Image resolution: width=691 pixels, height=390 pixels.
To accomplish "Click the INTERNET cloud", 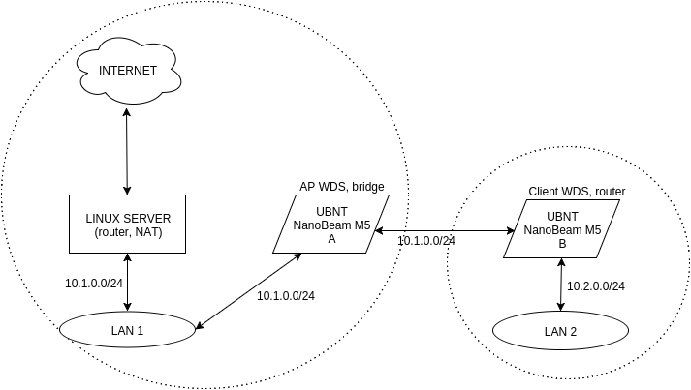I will [x=128, y=70].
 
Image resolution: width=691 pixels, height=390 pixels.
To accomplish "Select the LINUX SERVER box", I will [x=127, y=224].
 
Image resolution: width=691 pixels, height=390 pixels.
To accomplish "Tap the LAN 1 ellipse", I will [x=127, y=331].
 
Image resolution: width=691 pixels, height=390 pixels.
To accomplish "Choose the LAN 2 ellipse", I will [x=560, y=332].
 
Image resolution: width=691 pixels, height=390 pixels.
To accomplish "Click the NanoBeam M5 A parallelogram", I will [x=331, y=224].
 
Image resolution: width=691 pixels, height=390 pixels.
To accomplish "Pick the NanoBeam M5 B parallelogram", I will [x=562, y=229].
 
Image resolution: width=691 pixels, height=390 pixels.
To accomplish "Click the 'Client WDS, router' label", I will [x=577, y=192].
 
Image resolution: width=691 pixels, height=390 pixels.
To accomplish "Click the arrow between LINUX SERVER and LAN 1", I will [x=128, y=283].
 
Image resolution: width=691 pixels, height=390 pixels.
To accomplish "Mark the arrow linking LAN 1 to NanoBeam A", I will [x=249, y=291].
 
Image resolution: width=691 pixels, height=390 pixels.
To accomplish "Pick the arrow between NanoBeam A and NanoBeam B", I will [x=443, y=230].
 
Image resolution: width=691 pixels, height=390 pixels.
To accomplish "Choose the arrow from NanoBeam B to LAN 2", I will [x=561, y=285].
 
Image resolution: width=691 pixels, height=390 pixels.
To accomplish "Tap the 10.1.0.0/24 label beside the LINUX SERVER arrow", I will [x=94, y=284].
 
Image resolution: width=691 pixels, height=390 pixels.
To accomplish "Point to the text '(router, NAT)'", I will [x=127, y=232].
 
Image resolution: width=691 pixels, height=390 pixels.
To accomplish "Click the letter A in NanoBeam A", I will [x=331, y=237].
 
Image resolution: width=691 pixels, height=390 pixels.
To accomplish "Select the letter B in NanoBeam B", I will [x=562, y=243].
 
